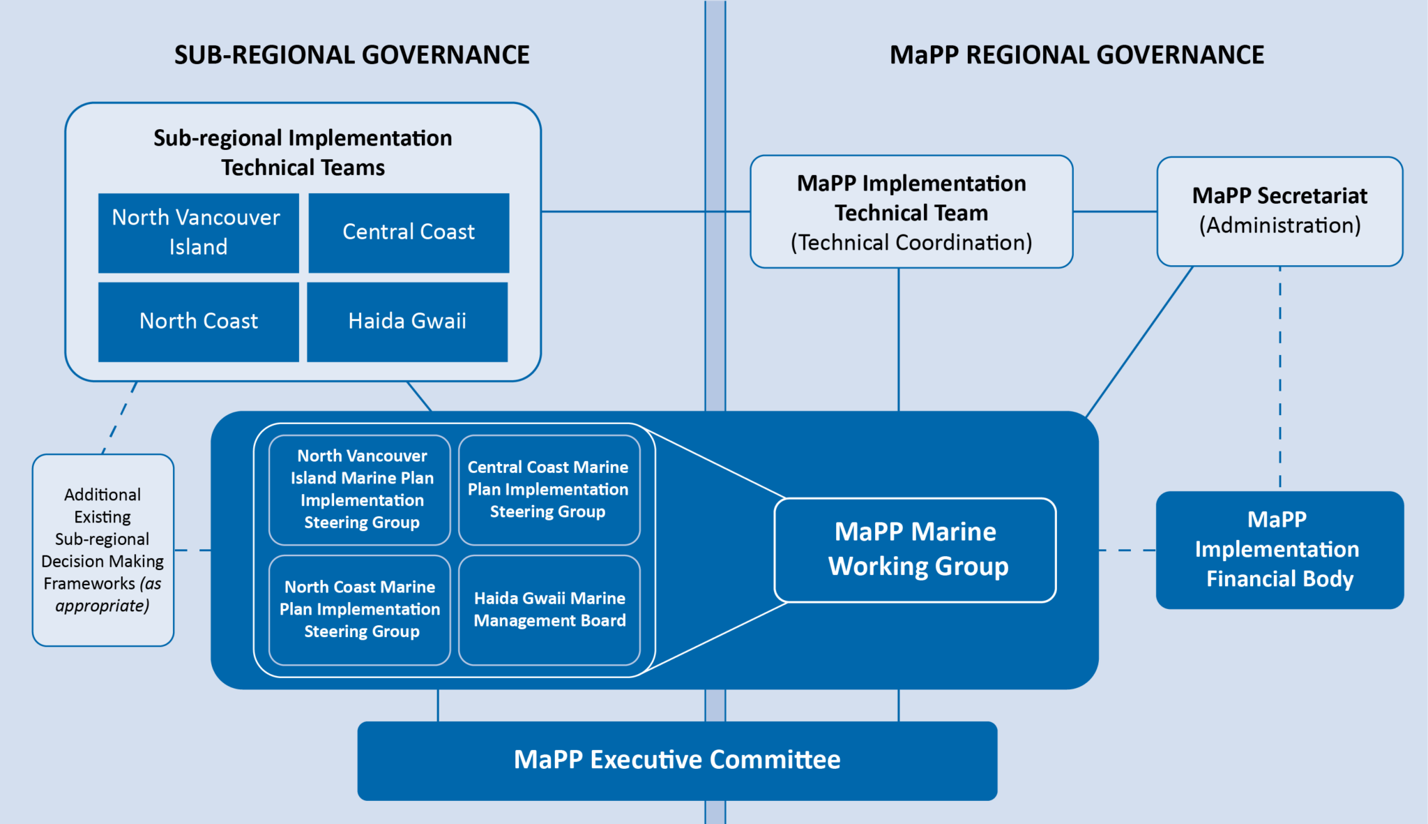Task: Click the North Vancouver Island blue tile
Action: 198,232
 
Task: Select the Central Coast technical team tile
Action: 409,232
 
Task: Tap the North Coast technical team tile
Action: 198,322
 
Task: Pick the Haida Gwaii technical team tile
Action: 407,322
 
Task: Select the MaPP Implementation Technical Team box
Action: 911,211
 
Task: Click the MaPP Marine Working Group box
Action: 915,550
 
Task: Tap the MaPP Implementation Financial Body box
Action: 1279,550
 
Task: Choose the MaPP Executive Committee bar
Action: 677,761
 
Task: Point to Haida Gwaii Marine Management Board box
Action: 549,610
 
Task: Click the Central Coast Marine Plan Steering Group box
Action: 549,490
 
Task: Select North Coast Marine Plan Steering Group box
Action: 360,610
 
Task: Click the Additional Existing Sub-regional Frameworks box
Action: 103,550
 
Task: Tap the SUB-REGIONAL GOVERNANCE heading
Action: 351,55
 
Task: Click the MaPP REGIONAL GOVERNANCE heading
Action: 1077,55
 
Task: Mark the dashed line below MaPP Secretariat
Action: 1280,377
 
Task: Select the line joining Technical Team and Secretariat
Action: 1115,211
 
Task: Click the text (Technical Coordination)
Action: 911,243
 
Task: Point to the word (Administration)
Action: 1279,225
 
